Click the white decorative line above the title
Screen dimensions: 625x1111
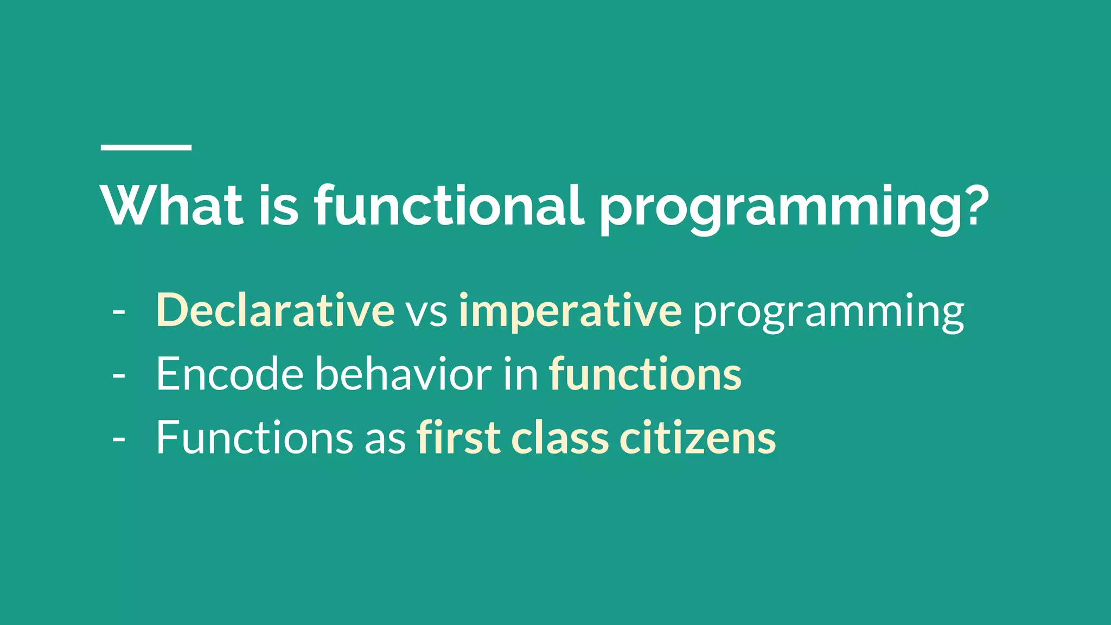[x=146, y=147]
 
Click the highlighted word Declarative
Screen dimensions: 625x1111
[x=275, y=310]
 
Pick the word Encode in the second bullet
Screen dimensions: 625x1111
[x=229, y=374]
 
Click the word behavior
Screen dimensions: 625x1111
[x=403, y=374]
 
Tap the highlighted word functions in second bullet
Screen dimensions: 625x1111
[x=645, y=374]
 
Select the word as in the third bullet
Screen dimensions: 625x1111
[x=385, y=441]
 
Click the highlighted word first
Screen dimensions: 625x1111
[x=458, y=438]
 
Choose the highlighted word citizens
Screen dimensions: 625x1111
[x=698, y=438]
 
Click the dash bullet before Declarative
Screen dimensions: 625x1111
[x=118, y=313]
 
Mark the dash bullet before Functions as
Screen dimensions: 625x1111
[x=118, y=440]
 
